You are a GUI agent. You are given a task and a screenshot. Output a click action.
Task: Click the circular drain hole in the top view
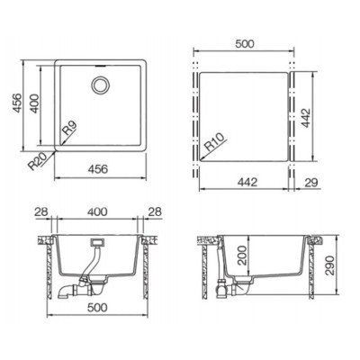(x=100, y=85)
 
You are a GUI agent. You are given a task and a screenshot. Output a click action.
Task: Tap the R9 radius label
(x=69, y=128)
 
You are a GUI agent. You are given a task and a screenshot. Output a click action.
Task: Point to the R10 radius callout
(x=214, y=141)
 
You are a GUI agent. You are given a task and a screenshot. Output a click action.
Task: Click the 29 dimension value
(x=310, y=183)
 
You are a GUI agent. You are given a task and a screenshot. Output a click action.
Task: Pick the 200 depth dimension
(x=243, y=256)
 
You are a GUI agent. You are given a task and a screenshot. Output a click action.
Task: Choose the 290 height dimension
(x=330, y=265)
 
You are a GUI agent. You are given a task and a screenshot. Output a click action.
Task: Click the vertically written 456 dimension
(x=17, y=103)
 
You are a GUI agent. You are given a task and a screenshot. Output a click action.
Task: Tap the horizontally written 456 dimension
(x=97, y=169)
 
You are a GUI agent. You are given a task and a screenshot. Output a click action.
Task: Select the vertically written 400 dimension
(x=34, y=103)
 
